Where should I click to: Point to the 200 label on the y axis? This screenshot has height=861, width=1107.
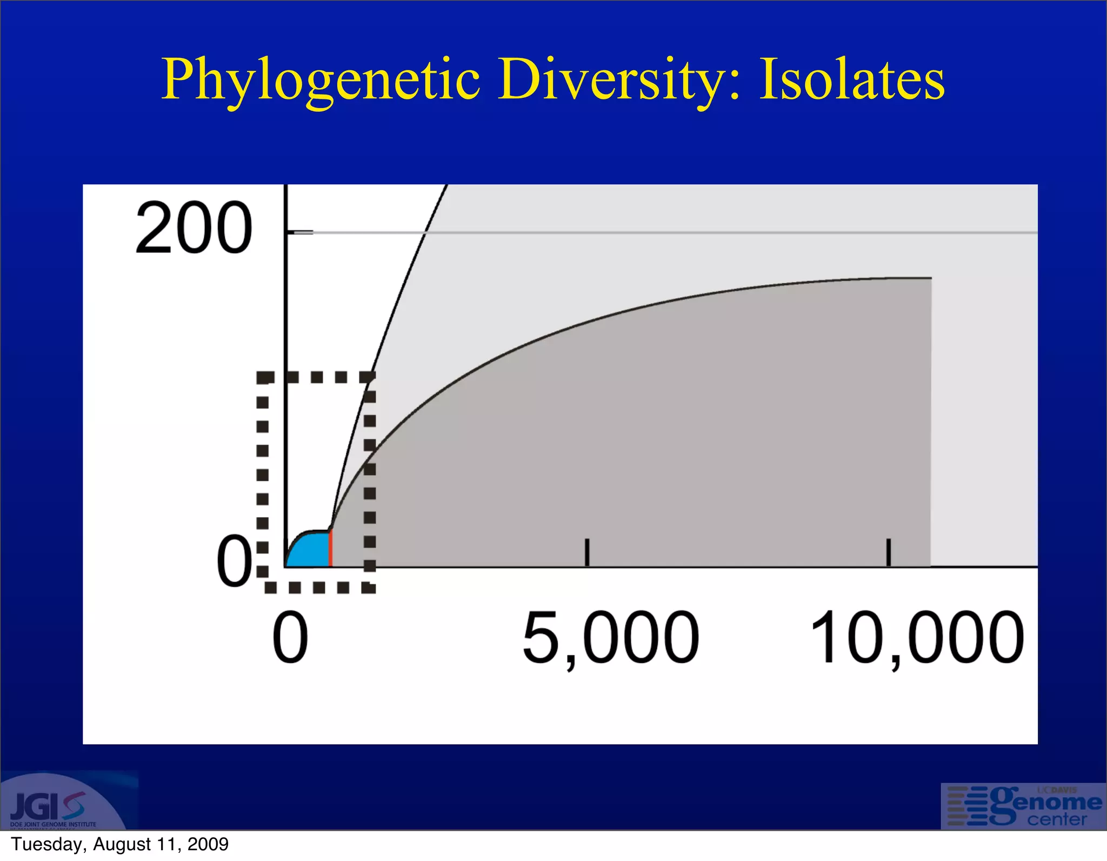tap(194, 228)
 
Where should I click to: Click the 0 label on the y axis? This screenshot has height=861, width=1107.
tap(234, 562)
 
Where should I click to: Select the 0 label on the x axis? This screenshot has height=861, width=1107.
tap(290, 638)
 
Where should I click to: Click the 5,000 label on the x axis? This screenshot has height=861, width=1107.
tap(610, 638)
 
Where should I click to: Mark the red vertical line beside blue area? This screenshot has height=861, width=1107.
tap(330, 549)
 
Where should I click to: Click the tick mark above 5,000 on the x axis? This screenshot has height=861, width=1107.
tap(587, 552)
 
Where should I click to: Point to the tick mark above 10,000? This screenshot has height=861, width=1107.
tap(888, 552)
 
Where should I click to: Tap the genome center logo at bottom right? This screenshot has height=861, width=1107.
tap(1023, 806)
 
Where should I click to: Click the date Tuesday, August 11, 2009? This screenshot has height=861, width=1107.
tap(119, 844)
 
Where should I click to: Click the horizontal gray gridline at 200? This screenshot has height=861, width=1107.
tap(703, 233)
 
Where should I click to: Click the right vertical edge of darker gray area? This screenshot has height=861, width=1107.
tap(931, 422)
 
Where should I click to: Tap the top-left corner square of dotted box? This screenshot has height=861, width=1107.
tap(264, 377)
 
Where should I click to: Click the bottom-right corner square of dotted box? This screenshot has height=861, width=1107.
tap(369, 588)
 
